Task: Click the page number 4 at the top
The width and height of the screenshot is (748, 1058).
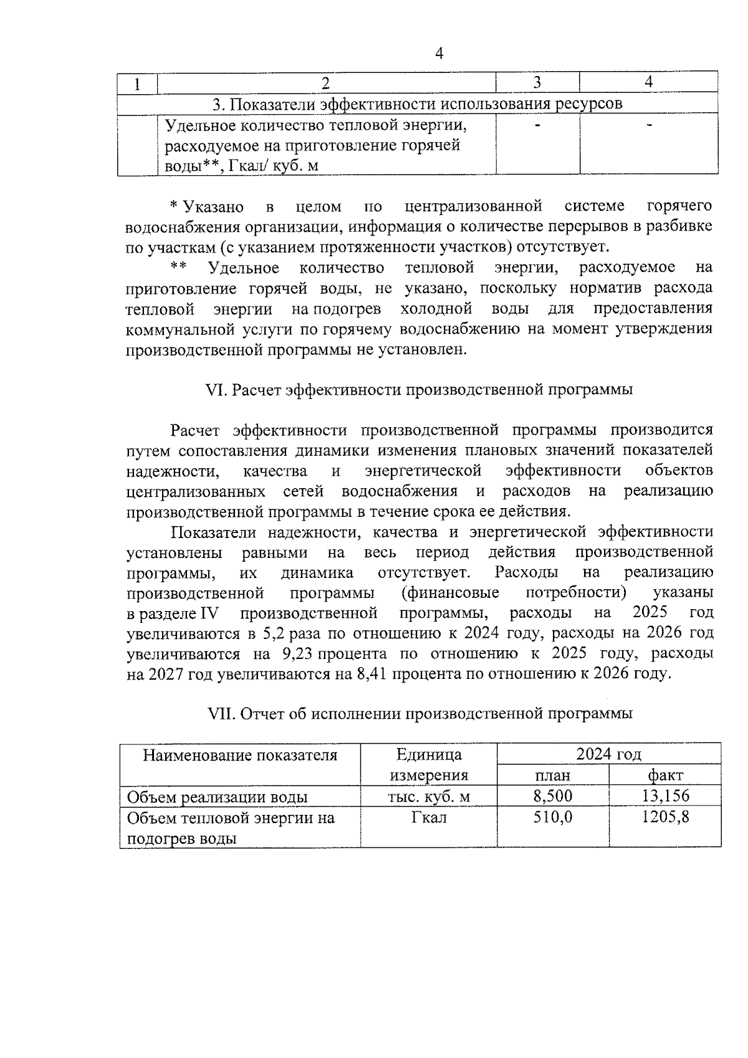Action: [x=439, y=54]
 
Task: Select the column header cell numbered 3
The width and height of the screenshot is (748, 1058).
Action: [x=537, y=82]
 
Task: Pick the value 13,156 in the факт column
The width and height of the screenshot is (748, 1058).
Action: [x=665, y=796]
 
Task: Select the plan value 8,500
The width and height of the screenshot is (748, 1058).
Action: [x=553, y=796]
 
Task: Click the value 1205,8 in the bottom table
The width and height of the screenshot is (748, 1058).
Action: [x=665, y=817]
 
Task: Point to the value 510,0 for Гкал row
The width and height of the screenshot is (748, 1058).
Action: [x=553, y=817]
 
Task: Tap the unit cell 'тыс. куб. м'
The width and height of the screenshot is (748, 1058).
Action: [x=429, y=796]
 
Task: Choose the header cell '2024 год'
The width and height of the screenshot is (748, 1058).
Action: [x=608, y=754]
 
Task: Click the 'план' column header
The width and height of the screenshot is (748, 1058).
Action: [x=553, y=775]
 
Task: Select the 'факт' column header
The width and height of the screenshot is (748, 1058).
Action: [x=665, y=775]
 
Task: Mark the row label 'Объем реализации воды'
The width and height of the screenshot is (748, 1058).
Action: [x=218, y=797]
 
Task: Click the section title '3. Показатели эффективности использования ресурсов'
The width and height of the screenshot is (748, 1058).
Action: [x=417, y=103]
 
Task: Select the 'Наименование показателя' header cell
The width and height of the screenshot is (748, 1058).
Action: [x=240, y=755]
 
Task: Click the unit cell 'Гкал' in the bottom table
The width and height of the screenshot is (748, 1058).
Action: [x=429, y=817]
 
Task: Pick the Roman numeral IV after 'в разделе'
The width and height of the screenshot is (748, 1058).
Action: [x=208, y=613]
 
